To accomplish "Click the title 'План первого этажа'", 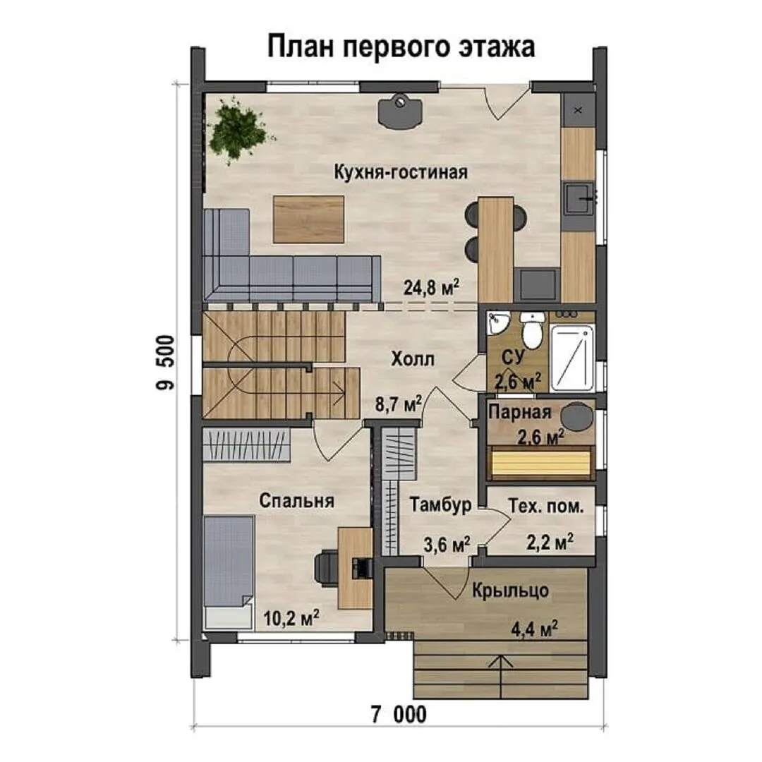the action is (401, 48).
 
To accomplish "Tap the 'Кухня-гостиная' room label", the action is (401, 172).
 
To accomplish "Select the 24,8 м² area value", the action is (432, 287).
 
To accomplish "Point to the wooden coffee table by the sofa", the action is (308, 219).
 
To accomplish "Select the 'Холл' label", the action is (413, 359).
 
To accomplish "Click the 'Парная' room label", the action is (520, 413).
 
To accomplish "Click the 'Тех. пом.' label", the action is (545, 507).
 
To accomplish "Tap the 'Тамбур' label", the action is (440, 504).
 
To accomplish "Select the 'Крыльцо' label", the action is (510, 591).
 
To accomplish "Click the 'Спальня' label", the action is (296, 500).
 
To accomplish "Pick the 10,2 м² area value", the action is (291, 617).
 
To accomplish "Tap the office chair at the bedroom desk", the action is (327, 566).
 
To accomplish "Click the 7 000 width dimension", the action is (399, 714).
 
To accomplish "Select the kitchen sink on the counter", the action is (579, 198).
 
